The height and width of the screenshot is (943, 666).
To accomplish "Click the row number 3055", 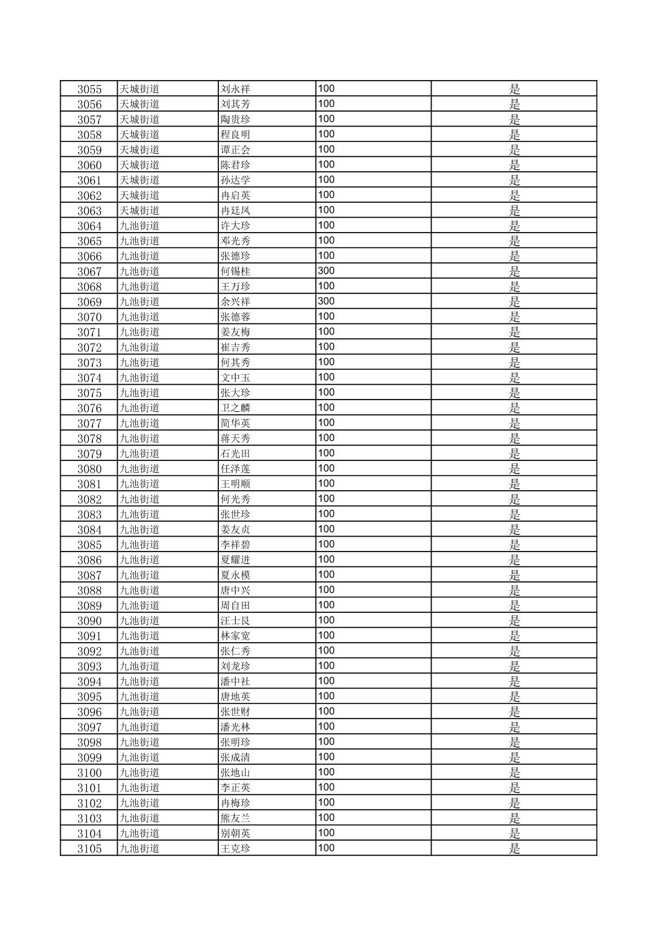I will pyautogui.click(x=89, y=89).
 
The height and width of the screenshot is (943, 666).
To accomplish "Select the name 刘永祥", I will pyautogui.click(x=236, y=89).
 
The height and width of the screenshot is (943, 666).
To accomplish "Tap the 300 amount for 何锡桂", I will pyautogui.click(x=326, y=270).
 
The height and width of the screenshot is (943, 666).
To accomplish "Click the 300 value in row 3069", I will pyautogui.click(x=326, y=301).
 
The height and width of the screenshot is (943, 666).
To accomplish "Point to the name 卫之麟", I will pyautogui.click(x=236, y=408).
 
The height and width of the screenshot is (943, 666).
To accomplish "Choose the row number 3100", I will pyautogui.click(x=89, y=772).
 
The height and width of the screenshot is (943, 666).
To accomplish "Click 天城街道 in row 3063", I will pyautogui.click(x=140, y=210).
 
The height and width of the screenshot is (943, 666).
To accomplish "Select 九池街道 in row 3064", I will pyautogui.click(x=140, y=226).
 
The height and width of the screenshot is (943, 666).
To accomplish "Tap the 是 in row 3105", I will pyautogui.click(x=515, y=848).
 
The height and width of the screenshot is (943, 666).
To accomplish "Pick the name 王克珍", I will pyautogui.click(x=236, y=848).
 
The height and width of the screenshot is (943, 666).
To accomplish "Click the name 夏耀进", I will pyautogui.click(x=236, y=560).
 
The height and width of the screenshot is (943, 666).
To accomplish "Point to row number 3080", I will pyautogui.click(x=89, y=468).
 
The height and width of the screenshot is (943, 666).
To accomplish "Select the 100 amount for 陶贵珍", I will pyautogui.click(x=326, y=118).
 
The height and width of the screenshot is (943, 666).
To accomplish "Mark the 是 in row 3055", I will pyautogui.click(x=515, y=89).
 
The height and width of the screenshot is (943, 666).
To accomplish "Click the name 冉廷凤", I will pyautogui.click(x=236, y=210).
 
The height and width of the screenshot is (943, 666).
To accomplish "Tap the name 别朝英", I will pyautogui.click(x=236, y=833).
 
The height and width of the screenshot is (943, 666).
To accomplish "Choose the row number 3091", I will pyautogui.click(x=89, y=636).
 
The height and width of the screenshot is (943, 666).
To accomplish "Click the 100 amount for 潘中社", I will pyautogui.click(x=326, y=681).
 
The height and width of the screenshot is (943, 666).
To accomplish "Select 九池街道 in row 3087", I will pyautogui.click(x=140, y=575).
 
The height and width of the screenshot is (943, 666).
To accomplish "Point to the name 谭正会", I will pyautogui.click(x=236, y=150).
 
